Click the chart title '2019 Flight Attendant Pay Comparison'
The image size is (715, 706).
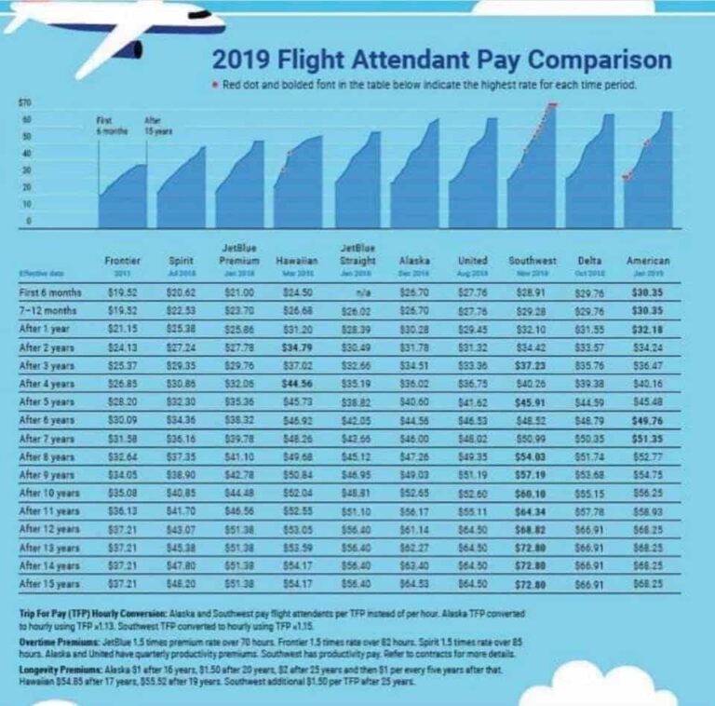click(x=441, y=61)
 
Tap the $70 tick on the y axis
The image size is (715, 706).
click(x=25, y=100)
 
